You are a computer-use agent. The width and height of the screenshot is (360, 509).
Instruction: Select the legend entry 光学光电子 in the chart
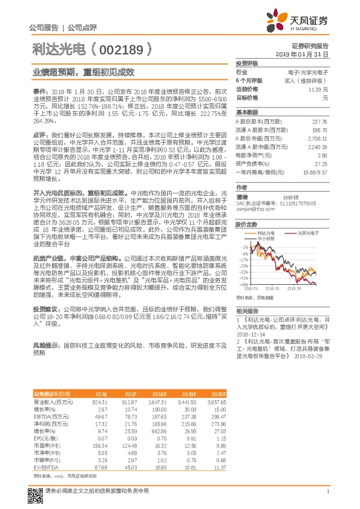point(304,233)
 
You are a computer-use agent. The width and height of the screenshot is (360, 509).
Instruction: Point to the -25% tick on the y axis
point(244,266)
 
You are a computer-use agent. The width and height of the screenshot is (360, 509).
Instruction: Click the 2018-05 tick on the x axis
point(273,289)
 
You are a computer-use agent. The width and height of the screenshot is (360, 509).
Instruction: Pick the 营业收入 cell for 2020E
point(216,401)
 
